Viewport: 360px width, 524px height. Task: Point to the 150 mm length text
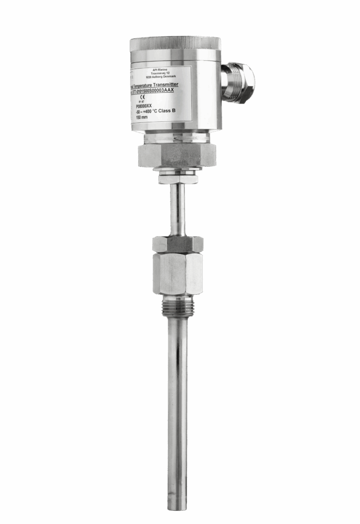pyautogui.click(x=142, y=117)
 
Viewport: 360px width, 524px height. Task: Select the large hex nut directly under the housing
pyautogui.click(x=177, y=155)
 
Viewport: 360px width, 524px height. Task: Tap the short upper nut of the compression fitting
pyautogui.click(x=177, y=244)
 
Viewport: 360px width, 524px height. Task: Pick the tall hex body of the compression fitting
pyautogui.click(x=177, y=273)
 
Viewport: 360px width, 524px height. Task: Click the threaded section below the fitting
pyautogui.click(x=177, y=308)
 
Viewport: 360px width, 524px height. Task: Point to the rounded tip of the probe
pyautogui.click(x=177, y=506)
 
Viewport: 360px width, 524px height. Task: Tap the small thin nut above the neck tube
pyautogui.click(x=177, y=180)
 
